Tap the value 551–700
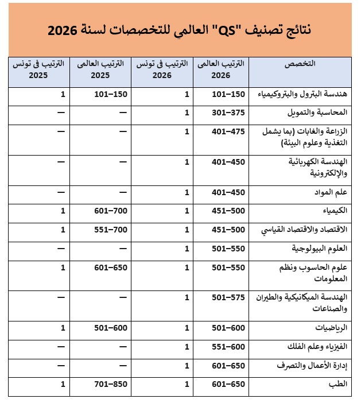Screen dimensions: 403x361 [x=110, y=230]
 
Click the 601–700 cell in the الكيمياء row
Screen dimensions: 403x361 [x=110, y=211]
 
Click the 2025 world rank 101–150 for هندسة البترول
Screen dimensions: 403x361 [x=110, y=94]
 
